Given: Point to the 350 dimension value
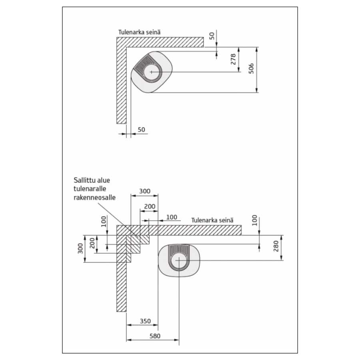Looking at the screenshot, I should (x=145, y=321).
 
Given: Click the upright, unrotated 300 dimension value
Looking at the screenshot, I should (x=144, y=191).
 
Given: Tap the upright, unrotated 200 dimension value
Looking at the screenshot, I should (x=149, y=206).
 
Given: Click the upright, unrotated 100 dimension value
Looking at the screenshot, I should (x=171, y=217).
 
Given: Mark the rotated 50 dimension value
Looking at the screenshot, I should (x=212, y=35).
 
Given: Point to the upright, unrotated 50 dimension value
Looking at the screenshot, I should (x=141, y=130).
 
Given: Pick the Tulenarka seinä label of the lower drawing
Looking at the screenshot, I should (x=212, y=220).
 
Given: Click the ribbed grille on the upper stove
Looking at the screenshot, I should (x=142, y=66).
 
